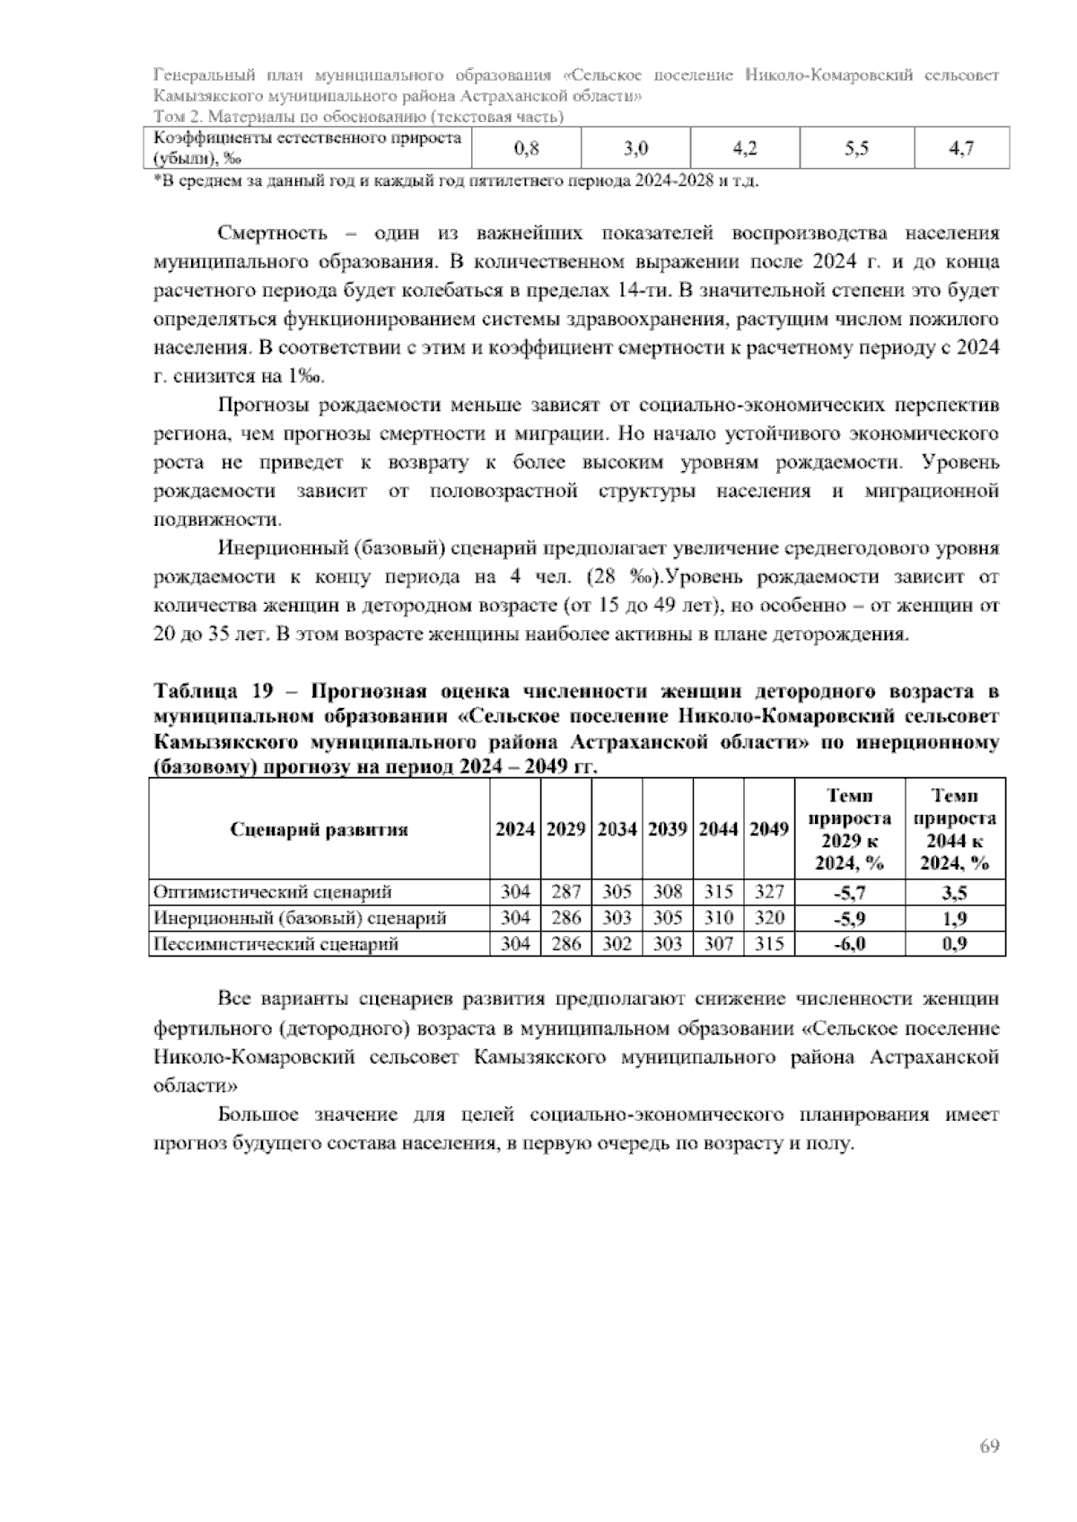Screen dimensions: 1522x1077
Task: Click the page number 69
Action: tap(989, 1446)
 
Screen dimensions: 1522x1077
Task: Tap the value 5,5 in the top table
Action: tap(857, 149)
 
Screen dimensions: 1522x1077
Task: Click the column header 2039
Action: tap(667, 829)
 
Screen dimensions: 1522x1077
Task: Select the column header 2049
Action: tap(768, 829)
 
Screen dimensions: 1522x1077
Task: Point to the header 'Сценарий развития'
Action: tap(320, 829)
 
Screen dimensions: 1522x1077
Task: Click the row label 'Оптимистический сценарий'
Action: tap(273, 892)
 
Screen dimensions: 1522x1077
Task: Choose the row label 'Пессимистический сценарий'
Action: tap(276, 944)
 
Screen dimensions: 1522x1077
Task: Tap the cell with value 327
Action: tap(768, 892)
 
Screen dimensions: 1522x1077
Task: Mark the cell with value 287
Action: tap(565, 892)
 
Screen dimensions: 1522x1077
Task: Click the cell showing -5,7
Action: tap(849, 892)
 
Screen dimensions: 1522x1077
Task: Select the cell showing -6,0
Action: tap(849, 944)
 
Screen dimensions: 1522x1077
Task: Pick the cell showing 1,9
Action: tap(954, 918)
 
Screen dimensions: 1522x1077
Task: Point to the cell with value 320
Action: tap(768, 918)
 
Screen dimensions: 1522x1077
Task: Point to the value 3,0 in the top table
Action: tap(635, 149)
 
